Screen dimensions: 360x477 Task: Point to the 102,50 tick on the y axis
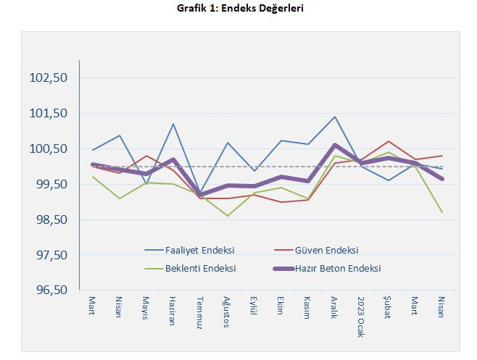49,78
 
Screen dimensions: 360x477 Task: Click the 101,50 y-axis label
49,113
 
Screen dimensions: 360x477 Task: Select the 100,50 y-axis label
49,148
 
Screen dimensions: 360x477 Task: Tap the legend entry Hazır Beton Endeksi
337,268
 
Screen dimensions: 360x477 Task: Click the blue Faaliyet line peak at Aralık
334,117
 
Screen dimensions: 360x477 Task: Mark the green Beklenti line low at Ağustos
227,216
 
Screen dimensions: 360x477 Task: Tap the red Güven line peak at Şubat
389,141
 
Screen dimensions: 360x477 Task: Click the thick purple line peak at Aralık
334,146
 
